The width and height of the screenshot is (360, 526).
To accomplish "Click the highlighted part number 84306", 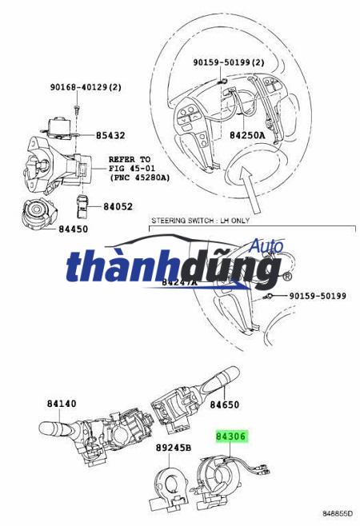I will (x=230, y=436).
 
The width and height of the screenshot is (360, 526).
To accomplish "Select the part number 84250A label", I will (x=247, y=136).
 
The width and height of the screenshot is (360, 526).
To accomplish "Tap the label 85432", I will (x=110, y=136).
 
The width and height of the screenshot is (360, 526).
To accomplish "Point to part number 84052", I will (x=118, y=207).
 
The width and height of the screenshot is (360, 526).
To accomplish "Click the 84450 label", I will (x=73, y=229).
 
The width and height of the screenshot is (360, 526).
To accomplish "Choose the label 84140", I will (x=62, y=404).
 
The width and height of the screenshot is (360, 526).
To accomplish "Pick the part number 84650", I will (x=225, y=405).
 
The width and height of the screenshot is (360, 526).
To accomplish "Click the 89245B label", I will (x=174, y=448).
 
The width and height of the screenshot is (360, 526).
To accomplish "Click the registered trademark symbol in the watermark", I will (x=286, y=277).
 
